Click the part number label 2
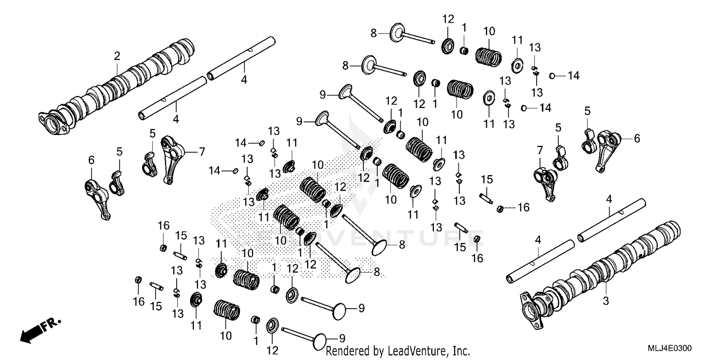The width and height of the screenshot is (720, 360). click(117, 56)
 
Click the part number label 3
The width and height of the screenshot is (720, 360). click(605, 301)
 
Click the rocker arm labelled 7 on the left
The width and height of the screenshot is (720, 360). click(170, 158)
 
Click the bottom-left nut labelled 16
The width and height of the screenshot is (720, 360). click(138, 280)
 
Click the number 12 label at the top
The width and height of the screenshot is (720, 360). click(448, 19)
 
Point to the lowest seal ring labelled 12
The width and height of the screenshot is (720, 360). click(272, 324)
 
